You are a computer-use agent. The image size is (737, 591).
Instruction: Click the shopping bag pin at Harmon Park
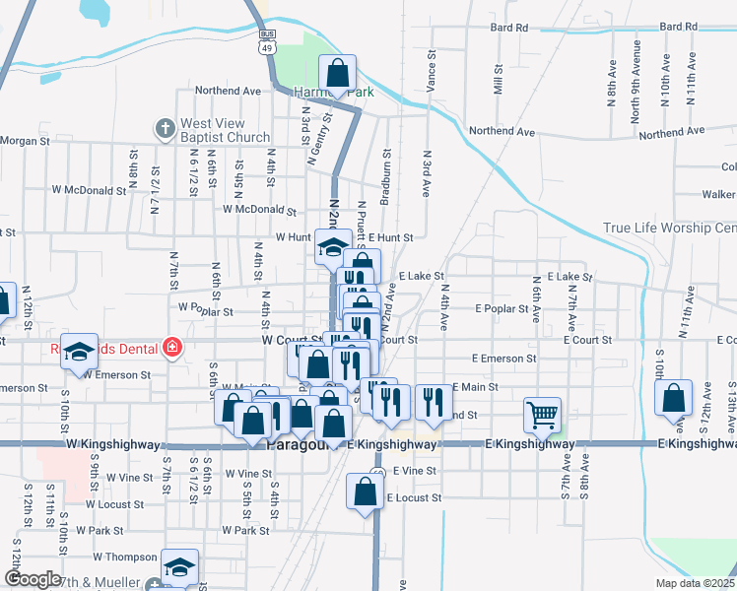point(337,74)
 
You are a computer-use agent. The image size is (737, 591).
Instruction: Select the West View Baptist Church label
point(224,131)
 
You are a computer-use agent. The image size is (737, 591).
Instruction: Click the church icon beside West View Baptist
point(165,128)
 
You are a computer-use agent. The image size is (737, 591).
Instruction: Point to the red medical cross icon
point(173,348)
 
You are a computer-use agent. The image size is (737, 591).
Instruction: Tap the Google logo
point(33,578)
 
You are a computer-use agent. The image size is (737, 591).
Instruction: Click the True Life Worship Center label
point(669,229)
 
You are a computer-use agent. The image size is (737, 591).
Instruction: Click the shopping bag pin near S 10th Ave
point(673,399)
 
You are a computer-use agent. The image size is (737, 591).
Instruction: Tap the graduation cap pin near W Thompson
point(178,567)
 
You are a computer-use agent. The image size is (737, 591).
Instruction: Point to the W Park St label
point(245,530)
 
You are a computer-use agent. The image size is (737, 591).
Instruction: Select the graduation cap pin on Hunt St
point(333,247)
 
